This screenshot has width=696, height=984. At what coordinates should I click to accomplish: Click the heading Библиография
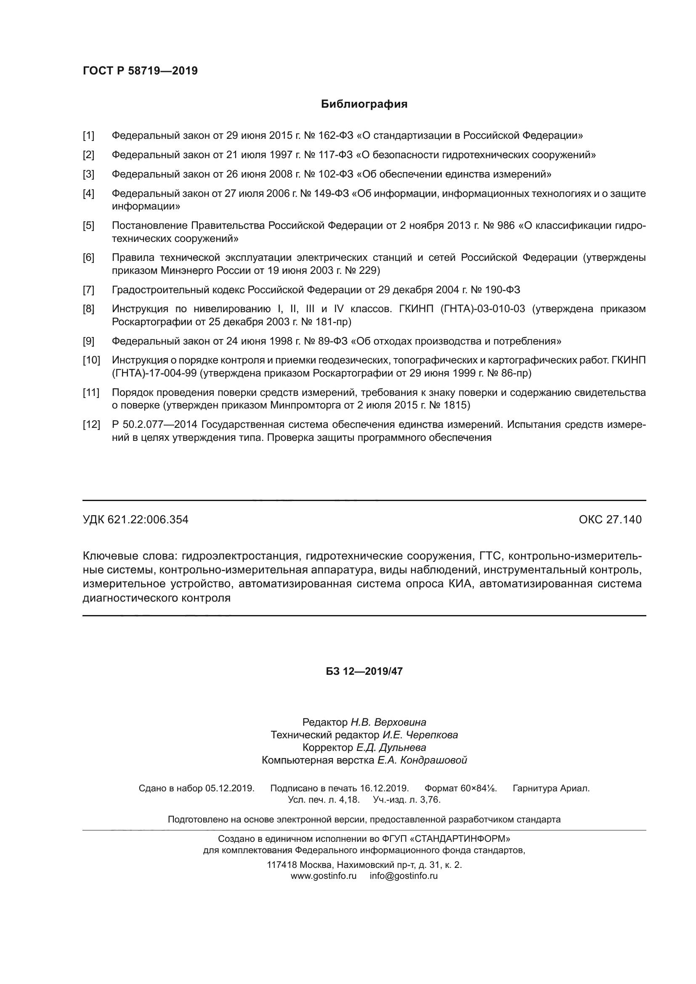point(364,104)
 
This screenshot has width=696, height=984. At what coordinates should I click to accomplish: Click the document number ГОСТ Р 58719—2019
point(140,71)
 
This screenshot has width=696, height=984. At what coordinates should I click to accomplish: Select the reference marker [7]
point(88,290)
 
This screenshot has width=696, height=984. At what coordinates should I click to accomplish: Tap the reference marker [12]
point(91,425)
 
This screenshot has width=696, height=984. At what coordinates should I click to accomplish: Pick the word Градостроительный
point(161,290)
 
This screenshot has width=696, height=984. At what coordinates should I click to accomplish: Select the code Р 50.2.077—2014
point(154,425)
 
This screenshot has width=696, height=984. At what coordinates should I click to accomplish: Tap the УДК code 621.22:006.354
point(148,520)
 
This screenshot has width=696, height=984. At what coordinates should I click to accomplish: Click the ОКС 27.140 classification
point(610,520)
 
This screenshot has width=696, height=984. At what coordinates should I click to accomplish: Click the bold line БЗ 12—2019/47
point(364,671)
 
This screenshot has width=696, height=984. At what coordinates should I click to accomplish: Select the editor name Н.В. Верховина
point(388,723)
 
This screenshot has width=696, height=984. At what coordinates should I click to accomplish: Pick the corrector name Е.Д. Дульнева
point(391,748)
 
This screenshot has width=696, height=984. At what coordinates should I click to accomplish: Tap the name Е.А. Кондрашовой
point(422,761)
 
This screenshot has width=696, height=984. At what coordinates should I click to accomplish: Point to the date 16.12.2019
point(384,788)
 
